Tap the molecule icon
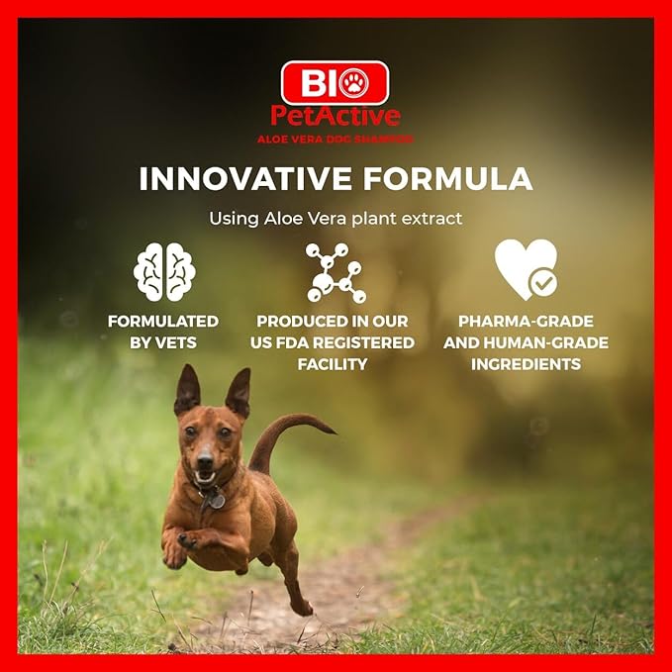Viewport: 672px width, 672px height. pyautogui.click(x=335, y=270)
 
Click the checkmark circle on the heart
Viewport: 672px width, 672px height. pyautogui.click(x=543, y=283)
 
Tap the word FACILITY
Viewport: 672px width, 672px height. pyautogui.click(x=333, y=364)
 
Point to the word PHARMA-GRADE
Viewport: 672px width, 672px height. pyautogui.click(x=526, y=322)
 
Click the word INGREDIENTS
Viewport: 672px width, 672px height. pyautogui.click(x=526, y=364)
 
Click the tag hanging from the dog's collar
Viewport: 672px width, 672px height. pyautogui.click(x=215, y=501)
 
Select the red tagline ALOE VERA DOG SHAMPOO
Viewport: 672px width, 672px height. pyautogui.click(x=336, y=139)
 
